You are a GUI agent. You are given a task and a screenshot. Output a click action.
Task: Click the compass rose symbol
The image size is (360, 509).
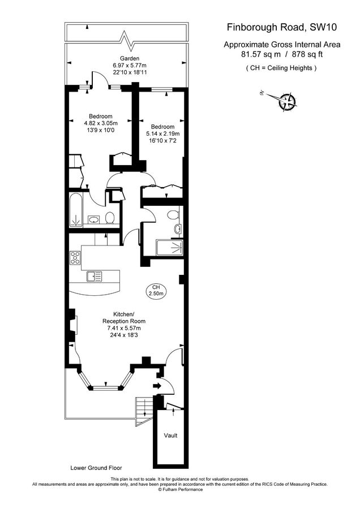pyautogui.click(x=287, y=102)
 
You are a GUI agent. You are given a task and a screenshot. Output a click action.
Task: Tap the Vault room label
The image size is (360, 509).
pyautogui.click(x=170, y=435)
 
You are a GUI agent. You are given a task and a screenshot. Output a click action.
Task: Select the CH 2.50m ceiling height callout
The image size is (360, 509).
pyautogui.click(x=156, y=290)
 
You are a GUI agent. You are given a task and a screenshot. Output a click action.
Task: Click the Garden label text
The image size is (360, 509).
pyautogui.click(x=130, y=58)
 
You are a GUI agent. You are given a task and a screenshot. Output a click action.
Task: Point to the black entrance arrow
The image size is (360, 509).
pyautogui.click(x=157, y=386)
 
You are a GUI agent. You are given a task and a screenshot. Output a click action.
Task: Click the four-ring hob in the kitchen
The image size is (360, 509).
pyautogui.click(x=75, y=258)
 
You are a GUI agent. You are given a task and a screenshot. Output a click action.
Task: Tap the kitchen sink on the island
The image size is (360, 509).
pyautogui.click(x=94, y=277)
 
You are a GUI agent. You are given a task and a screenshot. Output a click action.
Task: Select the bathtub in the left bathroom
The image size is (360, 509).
pyautogui.click(x=76, y=210)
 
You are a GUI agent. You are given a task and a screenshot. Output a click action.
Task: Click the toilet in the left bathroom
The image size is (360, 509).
pyautogui.click(x=110, y=218)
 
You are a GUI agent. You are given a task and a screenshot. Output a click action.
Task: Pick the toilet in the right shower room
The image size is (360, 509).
pyautogui.click(x=173, y=214)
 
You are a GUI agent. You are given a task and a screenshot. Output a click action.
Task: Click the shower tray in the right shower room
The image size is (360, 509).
pyautogui.click(x=169, y=248)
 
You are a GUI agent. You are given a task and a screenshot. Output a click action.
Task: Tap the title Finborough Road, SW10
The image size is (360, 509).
pyautogui.click(x=282, y=27)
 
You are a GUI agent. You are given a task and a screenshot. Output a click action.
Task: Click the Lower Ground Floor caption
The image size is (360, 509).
pyautogui.click(x=96, y=468)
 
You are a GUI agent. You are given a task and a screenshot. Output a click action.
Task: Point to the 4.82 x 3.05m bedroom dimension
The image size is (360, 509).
pyautogui.click(x=101, y=123)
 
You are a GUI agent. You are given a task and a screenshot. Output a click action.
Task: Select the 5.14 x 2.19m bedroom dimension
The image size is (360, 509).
pyautogui.click(x=163, y=133)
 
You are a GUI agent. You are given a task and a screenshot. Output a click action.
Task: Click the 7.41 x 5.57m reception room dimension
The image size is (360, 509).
pyautogui.click(x=124, y=328)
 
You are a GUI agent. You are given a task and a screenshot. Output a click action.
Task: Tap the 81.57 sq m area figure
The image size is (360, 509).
pyautogui.click(x=260, y=54)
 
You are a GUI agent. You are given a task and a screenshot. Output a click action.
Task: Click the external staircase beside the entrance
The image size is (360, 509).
pyautogui.click(x=144, y=411)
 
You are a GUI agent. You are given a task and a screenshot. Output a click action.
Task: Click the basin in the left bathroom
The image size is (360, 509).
pyautogui.click(x=94, y=219)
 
